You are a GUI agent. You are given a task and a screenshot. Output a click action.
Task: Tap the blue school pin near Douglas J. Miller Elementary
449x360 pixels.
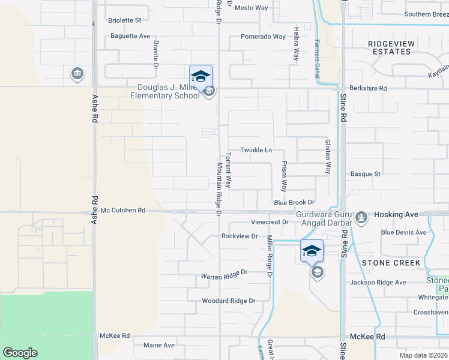click(200, 77)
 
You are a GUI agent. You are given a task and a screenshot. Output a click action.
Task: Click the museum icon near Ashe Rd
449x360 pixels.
click(77, 74)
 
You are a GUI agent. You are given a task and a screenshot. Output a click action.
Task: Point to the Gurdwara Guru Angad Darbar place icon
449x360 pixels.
click(361, 217)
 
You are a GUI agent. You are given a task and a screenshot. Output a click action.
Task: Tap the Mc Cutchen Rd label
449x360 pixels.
click(123, 211)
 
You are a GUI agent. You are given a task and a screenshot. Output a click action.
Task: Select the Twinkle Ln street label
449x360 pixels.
click(256, 149)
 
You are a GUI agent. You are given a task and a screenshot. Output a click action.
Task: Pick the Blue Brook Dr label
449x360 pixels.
click(294, 203)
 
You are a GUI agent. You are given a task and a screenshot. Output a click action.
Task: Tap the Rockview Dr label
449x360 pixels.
click(239, 236)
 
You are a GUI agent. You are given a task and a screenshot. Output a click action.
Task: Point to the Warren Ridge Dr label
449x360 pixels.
click(224, 275)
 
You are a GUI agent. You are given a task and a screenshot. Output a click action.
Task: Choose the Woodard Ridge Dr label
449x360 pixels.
click(229, 301)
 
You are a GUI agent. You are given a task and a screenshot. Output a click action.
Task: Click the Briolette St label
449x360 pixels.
click(124, 20)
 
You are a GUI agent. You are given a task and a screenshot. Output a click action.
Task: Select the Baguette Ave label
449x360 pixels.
click(130, 36)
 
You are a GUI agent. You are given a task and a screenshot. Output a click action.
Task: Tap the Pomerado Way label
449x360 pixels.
click(263, 37)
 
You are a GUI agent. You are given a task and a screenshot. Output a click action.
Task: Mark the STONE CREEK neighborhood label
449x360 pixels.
click(391, 263)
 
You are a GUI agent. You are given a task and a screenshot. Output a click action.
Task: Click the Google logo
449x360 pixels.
click(20, 352)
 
